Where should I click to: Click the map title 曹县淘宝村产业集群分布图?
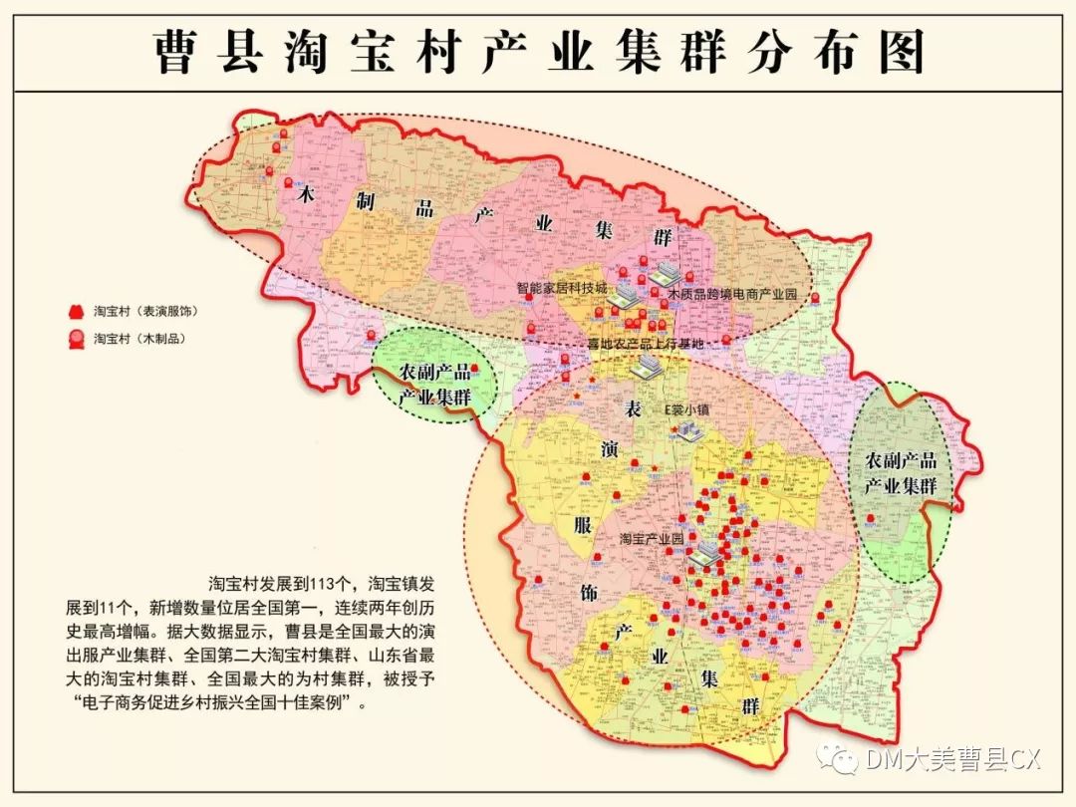(539, 52)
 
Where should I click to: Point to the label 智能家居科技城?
(561, 287)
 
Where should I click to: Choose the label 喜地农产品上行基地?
(645, 344)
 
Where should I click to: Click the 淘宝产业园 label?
(652, 538)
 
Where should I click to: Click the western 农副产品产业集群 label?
(434, 384)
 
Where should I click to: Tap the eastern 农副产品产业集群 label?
(900, 474)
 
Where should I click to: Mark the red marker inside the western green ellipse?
(475, 369)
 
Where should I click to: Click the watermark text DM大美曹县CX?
(952, 760)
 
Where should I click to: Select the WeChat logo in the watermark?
(839, 760)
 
